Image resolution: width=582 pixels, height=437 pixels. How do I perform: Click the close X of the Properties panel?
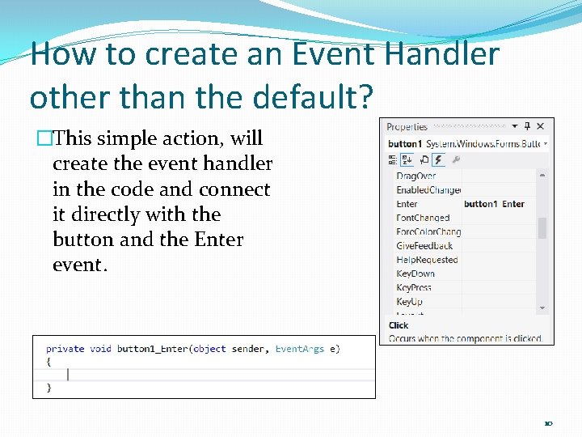540,126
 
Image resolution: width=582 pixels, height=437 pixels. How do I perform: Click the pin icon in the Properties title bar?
527,126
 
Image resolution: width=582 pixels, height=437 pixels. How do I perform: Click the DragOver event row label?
415,176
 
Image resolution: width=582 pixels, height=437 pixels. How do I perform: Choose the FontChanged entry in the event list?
422,218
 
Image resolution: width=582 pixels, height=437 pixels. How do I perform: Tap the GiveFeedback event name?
424,245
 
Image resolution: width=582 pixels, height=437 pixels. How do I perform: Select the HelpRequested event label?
426,260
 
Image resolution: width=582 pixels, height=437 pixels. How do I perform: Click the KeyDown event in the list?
415,274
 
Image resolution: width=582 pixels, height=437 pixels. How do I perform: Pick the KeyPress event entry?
414,287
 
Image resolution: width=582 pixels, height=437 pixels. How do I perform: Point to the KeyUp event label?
409,302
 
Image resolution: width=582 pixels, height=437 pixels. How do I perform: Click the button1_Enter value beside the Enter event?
494,204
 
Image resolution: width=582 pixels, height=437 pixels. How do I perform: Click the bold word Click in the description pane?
399,325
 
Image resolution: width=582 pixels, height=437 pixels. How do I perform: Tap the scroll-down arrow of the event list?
542,308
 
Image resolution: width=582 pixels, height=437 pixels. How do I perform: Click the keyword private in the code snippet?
65,349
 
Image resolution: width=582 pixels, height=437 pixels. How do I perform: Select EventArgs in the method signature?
299,349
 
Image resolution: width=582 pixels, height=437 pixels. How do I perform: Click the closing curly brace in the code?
48,388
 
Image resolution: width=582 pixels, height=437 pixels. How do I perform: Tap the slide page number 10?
548,422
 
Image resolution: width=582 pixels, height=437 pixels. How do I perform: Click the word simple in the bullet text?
127,138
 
